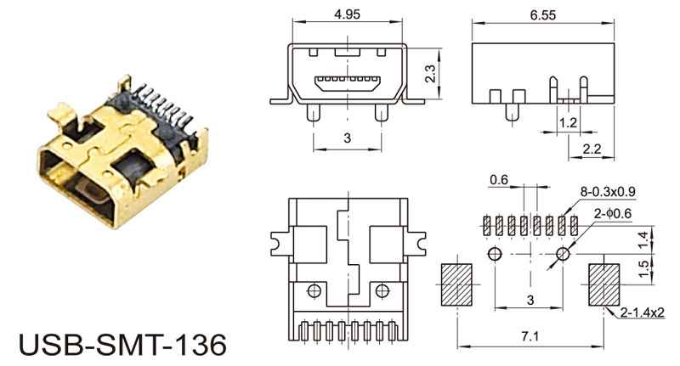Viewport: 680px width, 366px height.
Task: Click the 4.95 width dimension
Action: [x=347, y=14]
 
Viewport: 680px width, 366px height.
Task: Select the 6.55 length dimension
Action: [x=542, y=15]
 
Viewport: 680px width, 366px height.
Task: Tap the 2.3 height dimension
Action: [x=430, y=74]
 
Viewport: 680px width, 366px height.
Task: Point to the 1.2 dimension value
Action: [x=568, y=123]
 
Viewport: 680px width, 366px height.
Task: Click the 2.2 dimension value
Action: [x=592, y=149]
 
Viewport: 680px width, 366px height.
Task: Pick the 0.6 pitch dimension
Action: [x=499, y=179]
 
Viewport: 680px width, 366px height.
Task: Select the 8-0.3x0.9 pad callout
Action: [x=608, y=191]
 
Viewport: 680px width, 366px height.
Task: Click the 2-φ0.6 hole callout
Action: [x=613, y=213]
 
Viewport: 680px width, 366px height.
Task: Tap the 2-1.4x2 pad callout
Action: [x=642, y=312]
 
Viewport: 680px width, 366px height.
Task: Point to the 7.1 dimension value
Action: [x=530, y=336]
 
